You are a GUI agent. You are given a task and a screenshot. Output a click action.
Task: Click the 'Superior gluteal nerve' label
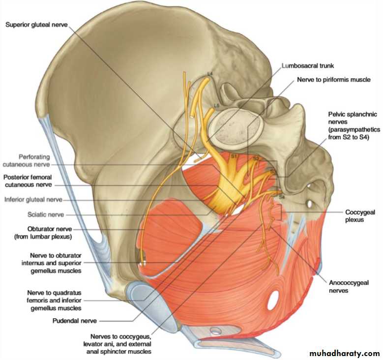pos(36,25)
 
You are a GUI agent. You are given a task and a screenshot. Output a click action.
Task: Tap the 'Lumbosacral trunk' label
pos(307,66)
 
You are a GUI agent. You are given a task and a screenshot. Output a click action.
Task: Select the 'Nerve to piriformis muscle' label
pos(334,80)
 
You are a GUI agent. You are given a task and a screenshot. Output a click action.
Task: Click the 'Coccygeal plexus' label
pos(360,216)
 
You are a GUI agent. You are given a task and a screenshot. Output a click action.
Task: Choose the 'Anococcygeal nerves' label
pos(349,286)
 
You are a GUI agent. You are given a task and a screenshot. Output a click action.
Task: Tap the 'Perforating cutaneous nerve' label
pos(27,160)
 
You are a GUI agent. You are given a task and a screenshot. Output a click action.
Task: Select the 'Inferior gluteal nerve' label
pos(33,200)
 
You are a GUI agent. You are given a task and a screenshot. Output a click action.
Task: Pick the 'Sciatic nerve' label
pos(46,214)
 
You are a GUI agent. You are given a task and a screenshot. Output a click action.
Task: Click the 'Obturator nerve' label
pos(50,229)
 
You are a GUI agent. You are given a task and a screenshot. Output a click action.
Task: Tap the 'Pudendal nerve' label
pos(75,321)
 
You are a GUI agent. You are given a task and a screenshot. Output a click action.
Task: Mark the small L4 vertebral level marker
pos(210,73)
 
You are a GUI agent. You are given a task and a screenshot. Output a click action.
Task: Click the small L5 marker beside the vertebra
pos(217,106)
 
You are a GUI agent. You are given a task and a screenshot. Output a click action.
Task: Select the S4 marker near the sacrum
pos(282,196)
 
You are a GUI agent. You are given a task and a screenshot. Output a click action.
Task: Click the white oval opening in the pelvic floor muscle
pos(273,300)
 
